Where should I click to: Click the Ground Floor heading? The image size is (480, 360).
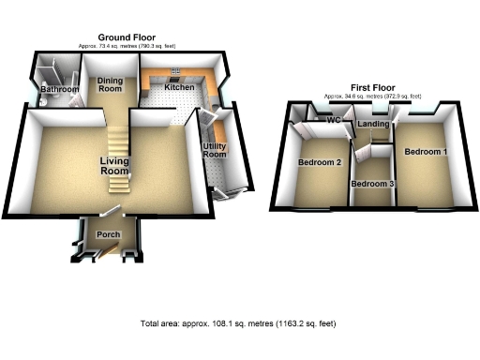(x=126, y=37)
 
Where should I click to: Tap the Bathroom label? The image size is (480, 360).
(x=59, y=89)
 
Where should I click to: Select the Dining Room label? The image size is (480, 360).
(x=111, y=85)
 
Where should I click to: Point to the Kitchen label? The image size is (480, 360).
(x=179, y=87)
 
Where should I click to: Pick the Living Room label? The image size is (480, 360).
(x=114, y=166)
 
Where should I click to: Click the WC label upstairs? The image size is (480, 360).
(x=332, y=121)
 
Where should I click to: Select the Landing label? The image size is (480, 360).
(x=374, y=124)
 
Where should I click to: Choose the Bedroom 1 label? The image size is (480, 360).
(x=426, y=151)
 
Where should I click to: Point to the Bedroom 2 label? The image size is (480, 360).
(x=319, y=163)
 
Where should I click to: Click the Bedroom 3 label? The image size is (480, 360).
(x=372, y=184)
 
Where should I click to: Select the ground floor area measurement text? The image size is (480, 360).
(x=126, y=45)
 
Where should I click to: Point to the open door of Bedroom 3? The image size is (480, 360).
(x=355, y=156)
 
